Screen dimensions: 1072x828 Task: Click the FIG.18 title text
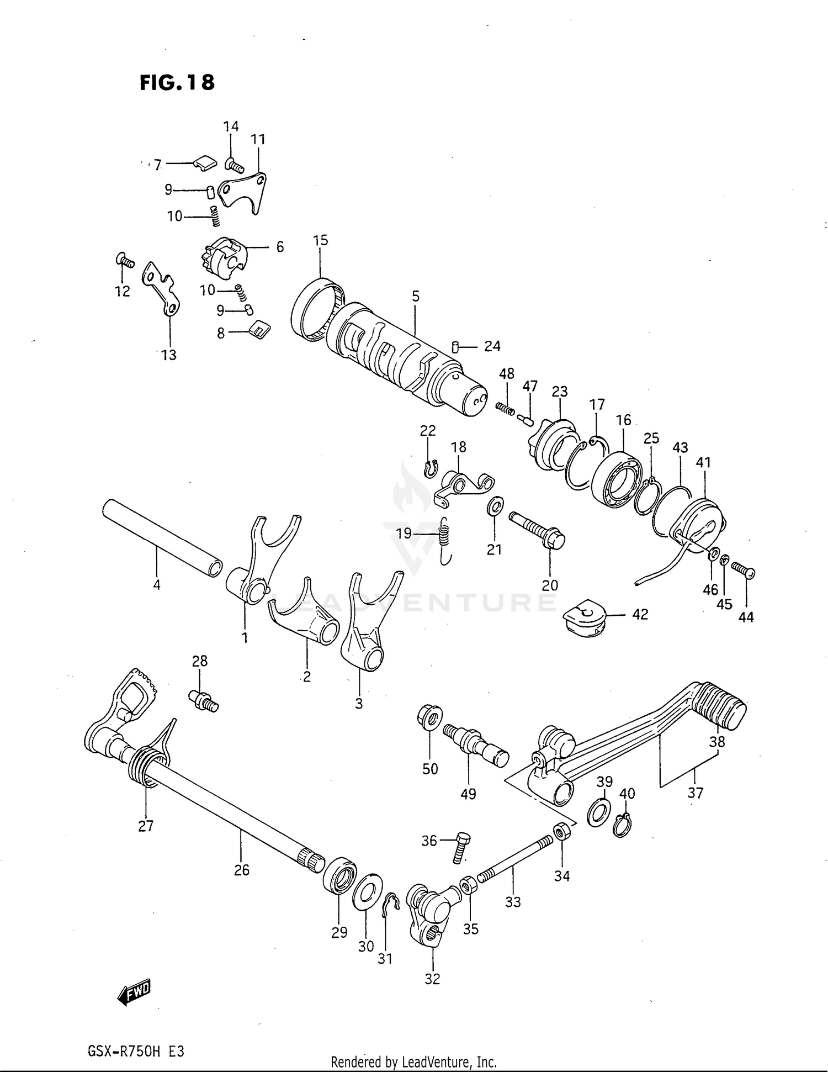[177, 82]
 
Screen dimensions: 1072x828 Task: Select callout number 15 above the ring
[320, 240]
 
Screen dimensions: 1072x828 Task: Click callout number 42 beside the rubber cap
[640, 614]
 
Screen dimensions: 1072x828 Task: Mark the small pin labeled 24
[455, 346]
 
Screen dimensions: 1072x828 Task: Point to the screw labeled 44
[744, 569]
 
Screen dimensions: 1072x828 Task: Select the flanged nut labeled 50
[429, 717]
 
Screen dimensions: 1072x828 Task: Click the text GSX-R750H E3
[135, 1050]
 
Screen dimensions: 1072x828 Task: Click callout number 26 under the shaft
[242, 870]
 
